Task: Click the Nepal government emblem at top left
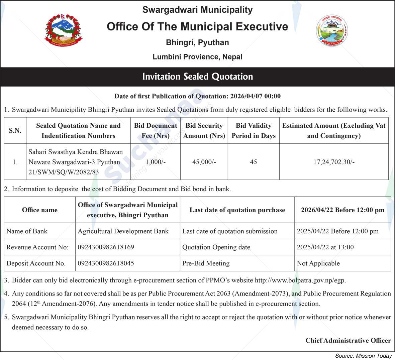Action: (x=63, y=30)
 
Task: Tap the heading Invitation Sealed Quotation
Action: (x=197, y=77)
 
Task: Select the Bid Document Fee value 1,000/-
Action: (x=156, y=162)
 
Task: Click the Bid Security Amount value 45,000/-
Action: (x=204, y=162)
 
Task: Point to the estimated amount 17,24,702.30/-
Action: (x=334, y=162)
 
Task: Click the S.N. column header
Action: (x=15, y=130)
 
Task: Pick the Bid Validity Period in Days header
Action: (x=254, y=130)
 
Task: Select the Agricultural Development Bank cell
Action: (x=123, y=231)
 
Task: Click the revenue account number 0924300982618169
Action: (x=106, y=247)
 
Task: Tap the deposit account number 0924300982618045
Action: (x=106, y=263)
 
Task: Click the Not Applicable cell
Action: (x=318, y=263)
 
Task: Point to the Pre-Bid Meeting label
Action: (x=206, y=263)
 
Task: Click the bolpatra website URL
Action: (x=300, y=280)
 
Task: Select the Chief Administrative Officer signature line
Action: (x=348, y=340)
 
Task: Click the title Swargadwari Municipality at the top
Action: (x=197, y=10)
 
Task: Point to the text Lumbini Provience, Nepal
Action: (x=197, y=57)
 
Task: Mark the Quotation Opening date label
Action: (x=216, y=247)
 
